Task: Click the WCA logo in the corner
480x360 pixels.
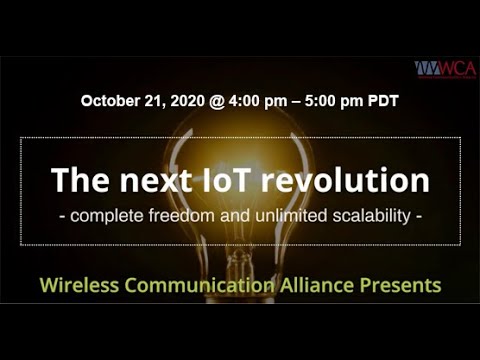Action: pos(446,68)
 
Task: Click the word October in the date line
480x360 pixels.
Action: pos(112,101)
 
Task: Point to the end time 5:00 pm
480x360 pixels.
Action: pos(335,101)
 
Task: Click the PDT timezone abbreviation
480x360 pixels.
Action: pos(385,101)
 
